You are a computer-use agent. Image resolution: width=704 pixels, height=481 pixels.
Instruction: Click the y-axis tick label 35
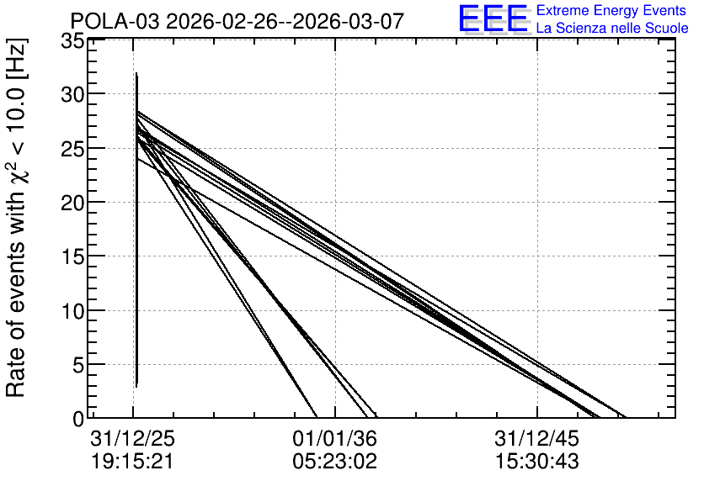pyautogui.click(x=72, y=42)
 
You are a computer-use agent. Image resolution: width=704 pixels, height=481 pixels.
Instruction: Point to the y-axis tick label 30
pyautogui.click(x=72, y=95)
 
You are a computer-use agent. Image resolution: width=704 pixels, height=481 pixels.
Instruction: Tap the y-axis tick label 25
pyautogui.click(x=72, y=149)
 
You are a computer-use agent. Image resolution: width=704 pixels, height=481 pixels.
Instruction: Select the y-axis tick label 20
pyautogui.click(x=72, y=203)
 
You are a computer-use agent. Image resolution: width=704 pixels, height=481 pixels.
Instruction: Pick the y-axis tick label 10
pyautogui.click(x=72, y=311)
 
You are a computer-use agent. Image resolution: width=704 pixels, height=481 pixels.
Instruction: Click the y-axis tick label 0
pyautogui.click(x=78, y=420)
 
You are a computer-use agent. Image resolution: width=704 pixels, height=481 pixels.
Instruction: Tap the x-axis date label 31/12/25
pyautogui.click(x=132, y=439)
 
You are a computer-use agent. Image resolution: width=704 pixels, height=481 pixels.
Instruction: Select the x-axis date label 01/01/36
pyautogui.click(x=335, y=439)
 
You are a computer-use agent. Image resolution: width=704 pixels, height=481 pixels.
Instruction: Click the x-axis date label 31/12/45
pyautogui.click(x=537, y=439)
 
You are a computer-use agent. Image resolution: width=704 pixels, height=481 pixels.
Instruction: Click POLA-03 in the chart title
pyautogui.click(x=115, y=22)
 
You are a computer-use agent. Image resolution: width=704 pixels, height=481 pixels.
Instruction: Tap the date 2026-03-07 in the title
pyautogui.click(x=349, y=22)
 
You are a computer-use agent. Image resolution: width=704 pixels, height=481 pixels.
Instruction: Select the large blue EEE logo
pyautogui.click(x=493, y=18)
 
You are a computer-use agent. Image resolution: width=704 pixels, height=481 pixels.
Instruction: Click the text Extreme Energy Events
pyautogui.click(x=611, y=10)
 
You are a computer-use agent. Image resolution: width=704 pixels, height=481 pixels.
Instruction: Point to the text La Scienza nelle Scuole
pyautogui.click(x=612, y=29)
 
